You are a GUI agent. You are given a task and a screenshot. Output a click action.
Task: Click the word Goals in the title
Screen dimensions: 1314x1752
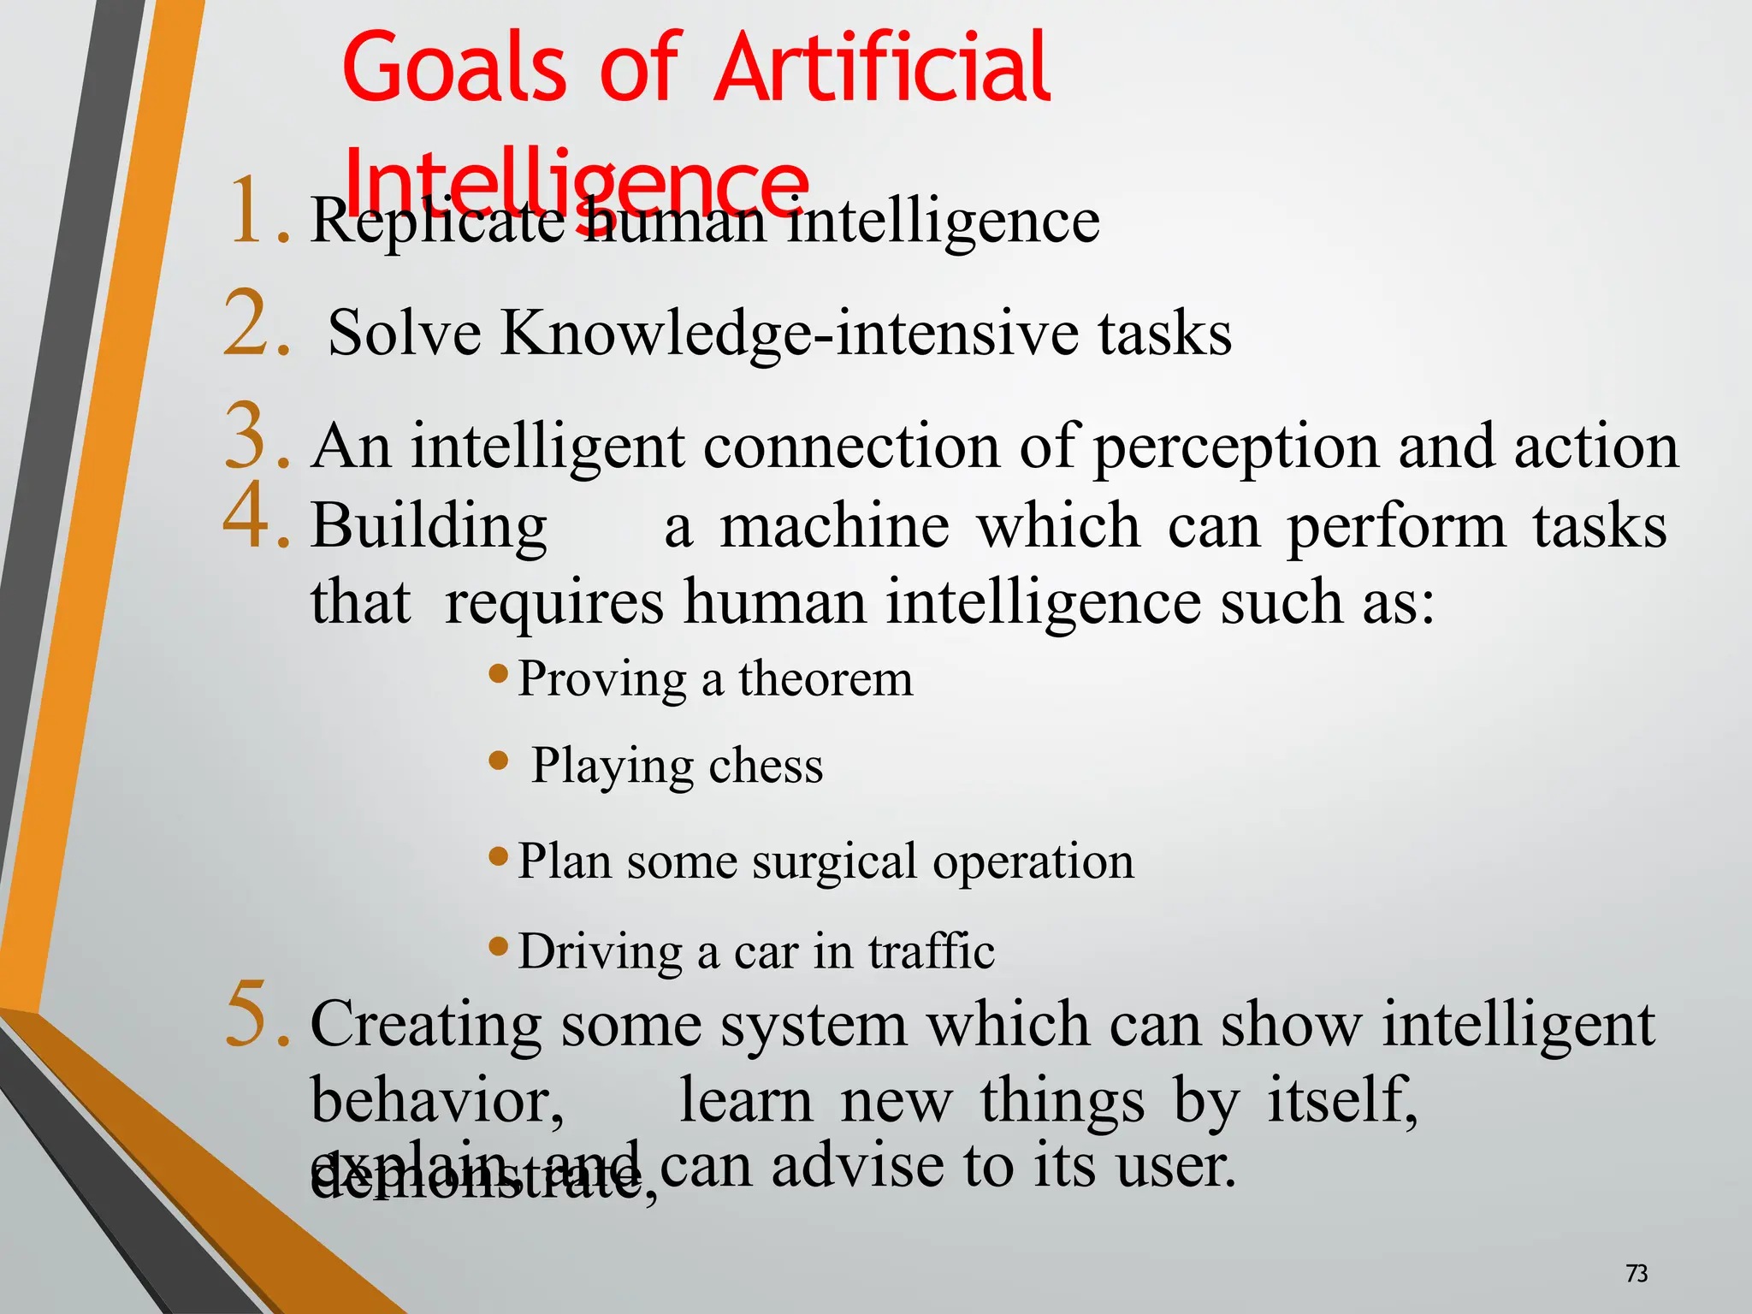tap(454, 67)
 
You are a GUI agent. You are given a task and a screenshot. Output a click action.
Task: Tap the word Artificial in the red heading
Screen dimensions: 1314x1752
tap(882, 67)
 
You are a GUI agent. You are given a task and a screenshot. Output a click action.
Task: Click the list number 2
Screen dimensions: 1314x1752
tap(256, 324)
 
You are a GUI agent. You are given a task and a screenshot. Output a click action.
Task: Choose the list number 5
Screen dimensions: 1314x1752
tap(256, 1015)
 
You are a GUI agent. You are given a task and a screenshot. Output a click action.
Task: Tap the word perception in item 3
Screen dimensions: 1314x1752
tap(1235, 447)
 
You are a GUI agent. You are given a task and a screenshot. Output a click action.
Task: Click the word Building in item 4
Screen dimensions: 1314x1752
tap(429, 525)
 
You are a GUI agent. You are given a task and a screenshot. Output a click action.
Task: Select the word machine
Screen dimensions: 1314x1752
tap(834, 525)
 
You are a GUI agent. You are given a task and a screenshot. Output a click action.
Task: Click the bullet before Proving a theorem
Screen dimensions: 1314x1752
tap(499, 673)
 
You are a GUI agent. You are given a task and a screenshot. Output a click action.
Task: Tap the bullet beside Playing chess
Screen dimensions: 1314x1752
tap(499, 760)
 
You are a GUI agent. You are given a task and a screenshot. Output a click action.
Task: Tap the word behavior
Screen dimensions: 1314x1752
tap(436, 1100)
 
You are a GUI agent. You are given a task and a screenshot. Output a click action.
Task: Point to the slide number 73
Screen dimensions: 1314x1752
tap(1636, 1274)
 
